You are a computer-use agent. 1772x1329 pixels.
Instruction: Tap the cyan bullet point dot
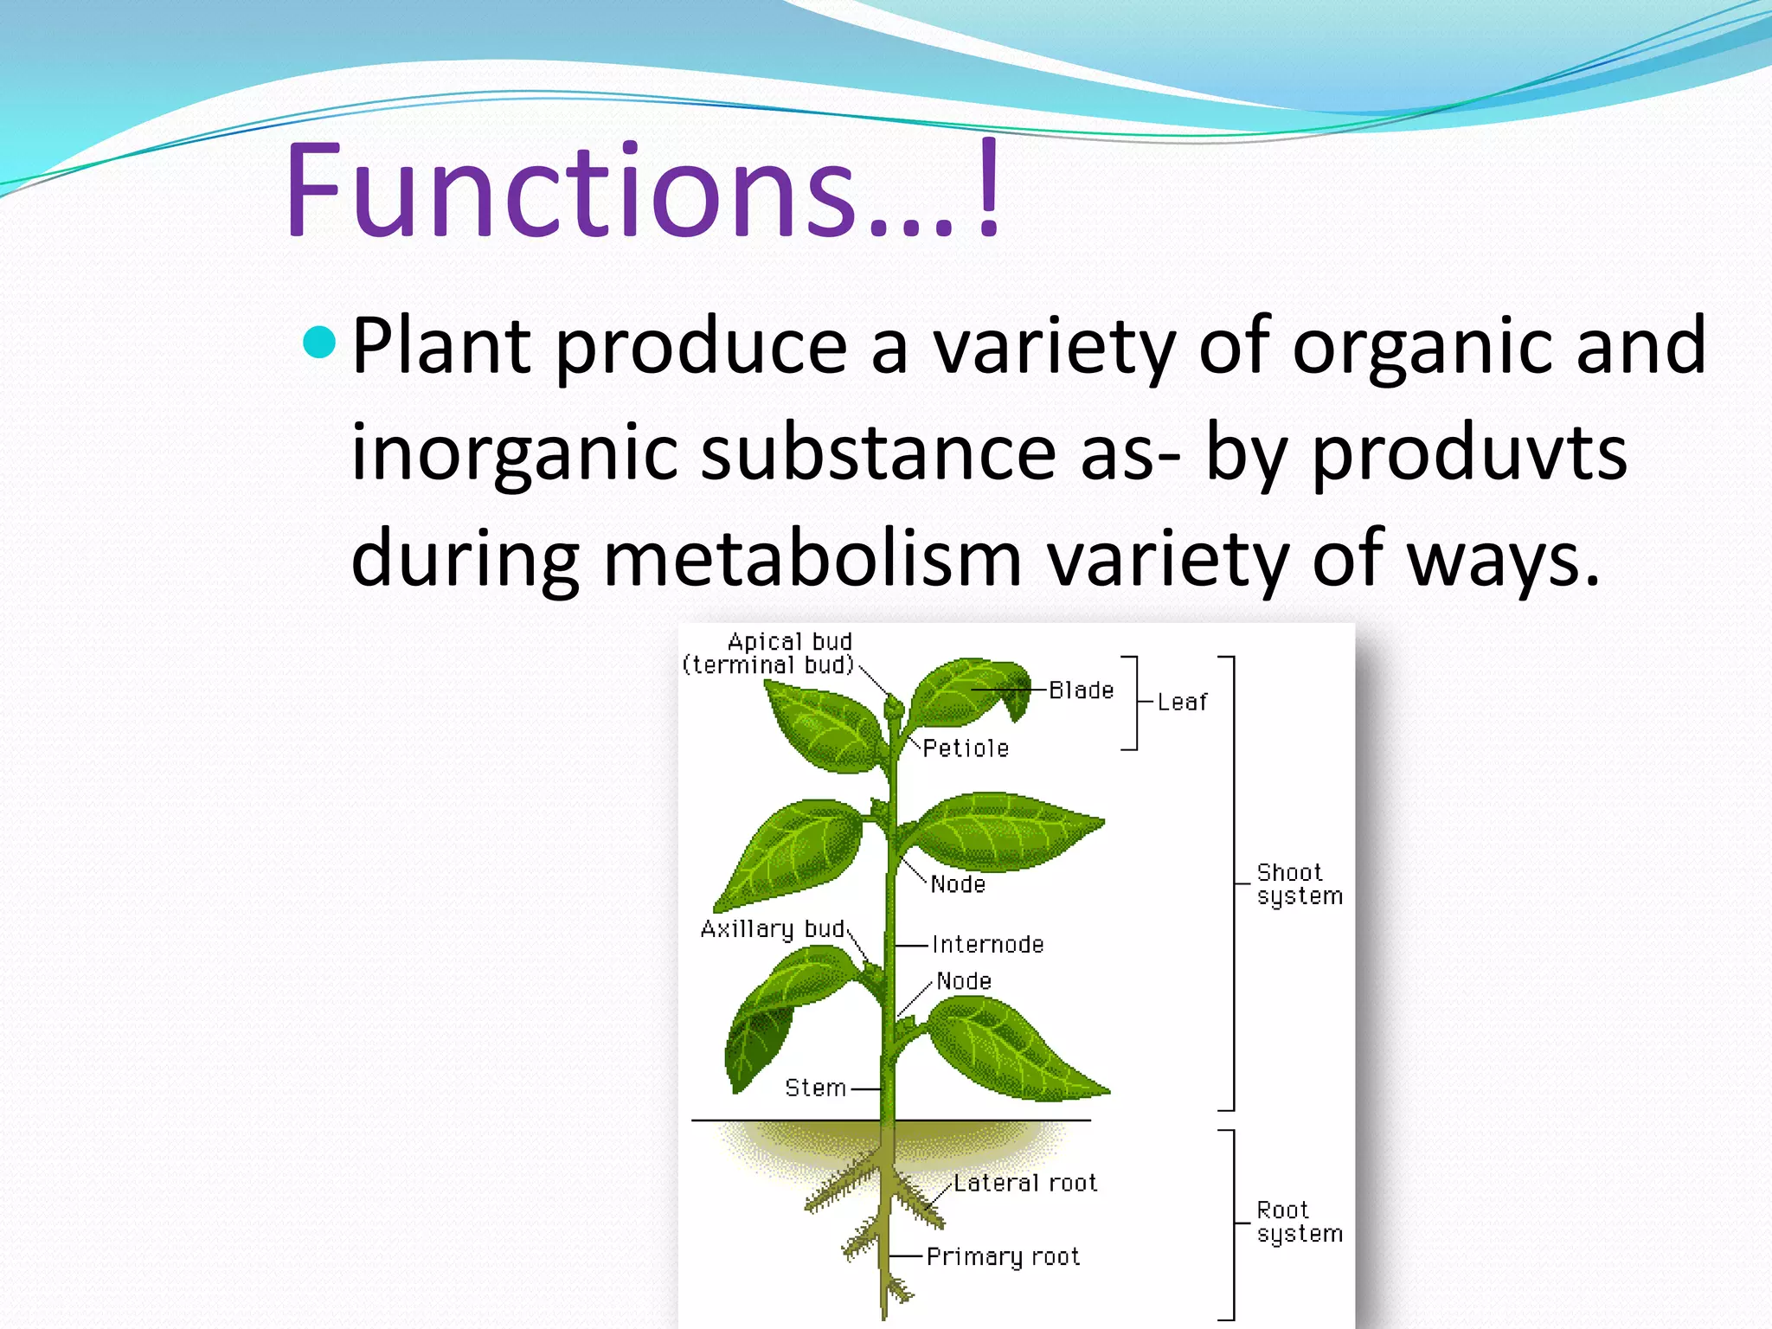point(320,343)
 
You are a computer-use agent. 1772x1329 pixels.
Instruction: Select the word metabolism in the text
point(812,559)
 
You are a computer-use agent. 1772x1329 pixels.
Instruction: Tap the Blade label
point(1081,690)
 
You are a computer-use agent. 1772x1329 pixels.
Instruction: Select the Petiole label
point(966,748)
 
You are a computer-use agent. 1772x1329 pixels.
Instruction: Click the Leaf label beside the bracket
point(1182,703)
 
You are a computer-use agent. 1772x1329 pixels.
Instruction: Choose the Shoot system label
point(1299,884)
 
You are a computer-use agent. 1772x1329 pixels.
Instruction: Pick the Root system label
point(1299,1222)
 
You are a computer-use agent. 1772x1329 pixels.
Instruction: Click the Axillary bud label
point(772,929)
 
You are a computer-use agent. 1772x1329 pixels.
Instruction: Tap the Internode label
point(988,945)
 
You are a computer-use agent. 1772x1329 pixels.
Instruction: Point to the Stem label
point(815,1088)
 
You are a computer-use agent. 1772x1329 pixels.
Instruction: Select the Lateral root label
point(1025,1183)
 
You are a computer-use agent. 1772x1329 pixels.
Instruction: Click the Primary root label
point(1003,1256)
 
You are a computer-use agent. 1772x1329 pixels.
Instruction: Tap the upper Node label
point(958,884)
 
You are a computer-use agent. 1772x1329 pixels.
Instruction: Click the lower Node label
point(964,981)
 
